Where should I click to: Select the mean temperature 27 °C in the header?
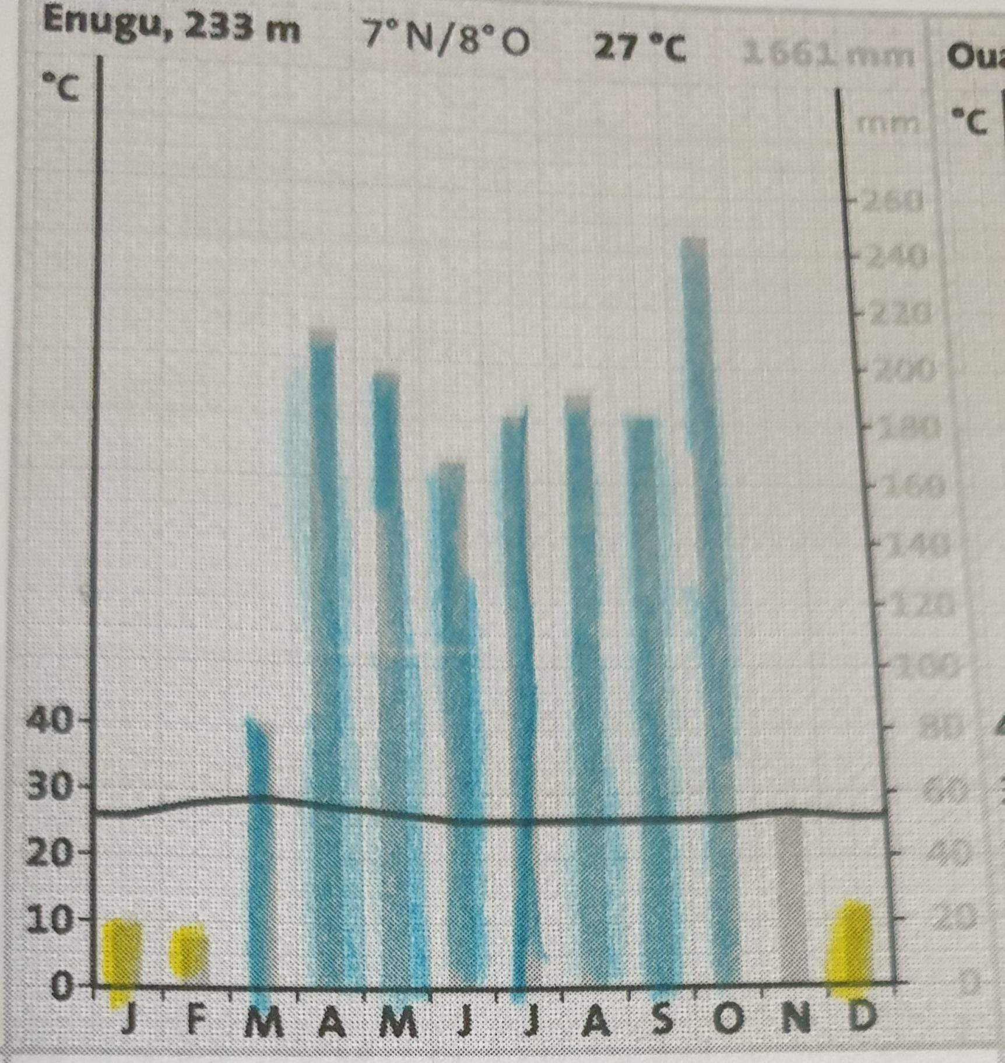[639, 48]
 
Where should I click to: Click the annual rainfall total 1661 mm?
[828, 55]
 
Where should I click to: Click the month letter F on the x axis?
[197, 1018]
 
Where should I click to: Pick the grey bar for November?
[792, 898]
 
